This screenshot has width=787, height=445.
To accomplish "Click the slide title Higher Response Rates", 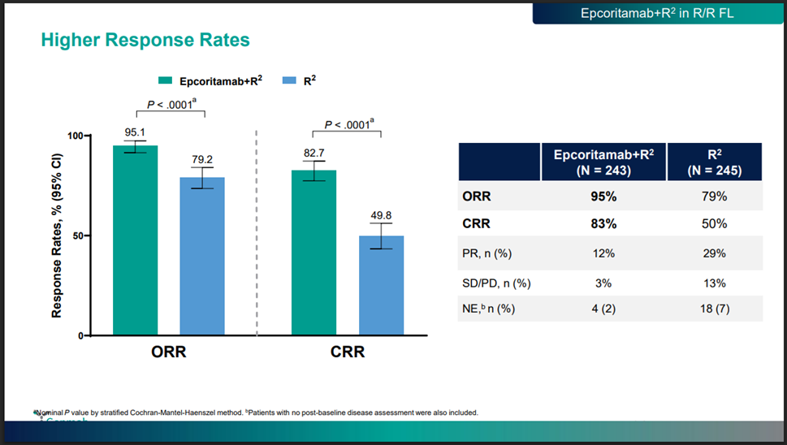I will click(x=145, y=39).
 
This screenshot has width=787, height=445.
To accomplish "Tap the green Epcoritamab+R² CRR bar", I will click(x=314, y=253).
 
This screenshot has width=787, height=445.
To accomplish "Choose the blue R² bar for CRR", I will click(x=381, y=285).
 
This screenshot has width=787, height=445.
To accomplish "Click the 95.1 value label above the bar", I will click(x=135, y=131).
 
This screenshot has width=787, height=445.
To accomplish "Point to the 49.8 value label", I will click(x=381, y=215).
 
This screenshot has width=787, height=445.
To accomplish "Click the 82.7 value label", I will click(x=314, y=152).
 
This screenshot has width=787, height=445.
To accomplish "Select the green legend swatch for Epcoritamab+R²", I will click(x=165, y=80).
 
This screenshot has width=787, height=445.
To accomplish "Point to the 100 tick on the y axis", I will click(x=75, y=135).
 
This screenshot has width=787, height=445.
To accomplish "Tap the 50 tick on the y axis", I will click(x=78, y=235).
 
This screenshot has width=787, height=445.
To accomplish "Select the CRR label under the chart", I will click(x=348, y=352).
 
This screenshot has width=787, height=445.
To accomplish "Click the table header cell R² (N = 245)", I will click(x=714, y=162).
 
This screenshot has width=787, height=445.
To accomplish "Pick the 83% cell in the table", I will click(x=603, y=223).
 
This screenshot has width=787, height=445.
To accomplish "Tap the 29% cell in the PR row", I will click(x=714, y=253).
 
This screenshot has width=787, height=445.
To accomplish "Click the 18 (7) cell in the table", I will click(x=714, y=309).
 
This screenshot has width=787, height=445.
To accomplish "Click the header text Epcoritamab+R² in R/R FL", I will click(x=657, y=14).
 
